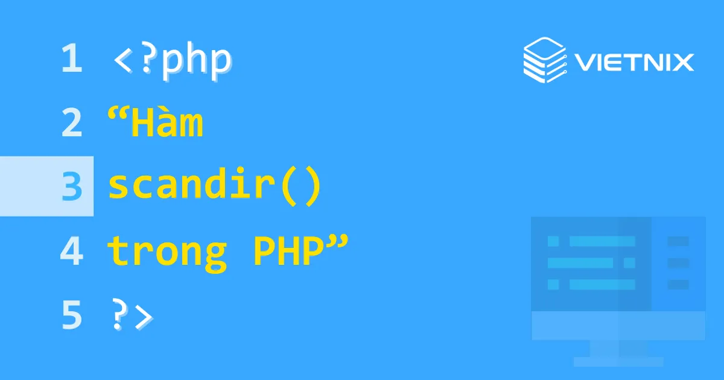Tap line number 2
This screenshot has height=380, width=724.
click(71, 123)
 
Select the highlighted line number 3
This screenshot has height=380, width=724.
click(71, 186)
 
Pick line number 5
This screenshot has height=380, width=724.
click(71, 315)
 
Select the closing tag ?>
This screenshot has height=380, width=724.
click(132, 315)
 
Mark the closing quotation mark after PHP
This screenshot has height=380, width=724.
click(339, 241)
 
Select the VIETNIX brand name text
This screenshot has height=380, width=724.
click(634, 62)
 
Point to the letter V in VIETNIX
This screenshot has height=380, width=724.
click(583, 62)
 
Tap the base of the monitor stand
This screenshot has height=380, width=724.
click(618, 361)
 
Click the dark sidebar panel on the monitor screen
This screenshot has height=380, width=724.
click(678, 264)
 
